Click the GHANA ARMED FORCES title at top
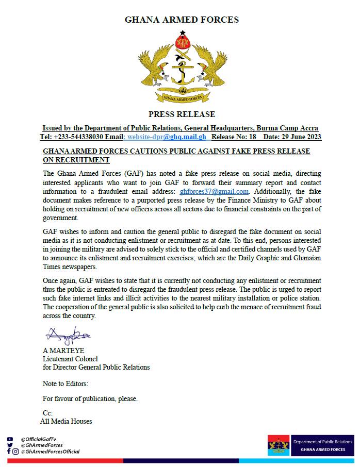(x=182, y=20)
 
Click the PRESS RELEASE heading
(x=182, y=114)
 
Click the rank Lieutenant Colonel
(x=70, y=359)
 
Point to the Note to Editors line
(x=66, y=383)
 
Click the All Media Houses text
(x=66, y=421)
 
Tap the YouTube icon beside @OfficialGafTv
(x=9, y=439)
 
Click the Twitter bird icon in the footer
(x=9, y=445)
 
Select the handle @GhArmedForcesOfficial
(x=50, y=452)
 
